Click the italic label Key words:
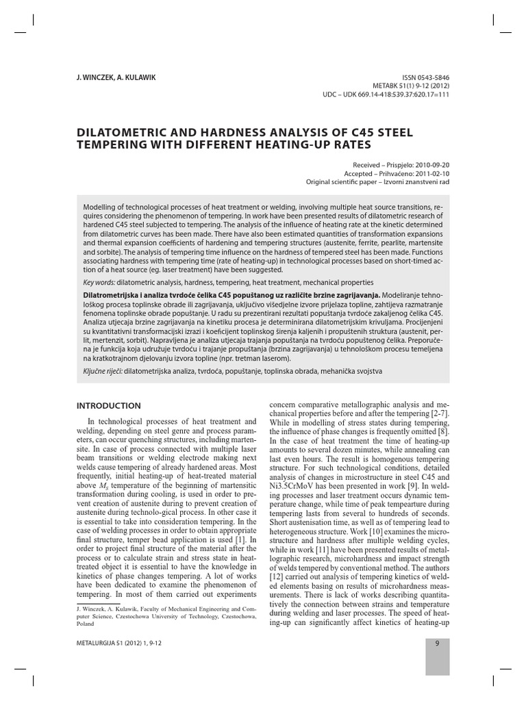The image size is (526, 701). [99, 282]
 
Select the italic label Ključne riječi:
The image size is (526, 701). [103, 370]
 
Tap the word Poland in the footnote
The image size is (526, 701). [86, 625]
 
